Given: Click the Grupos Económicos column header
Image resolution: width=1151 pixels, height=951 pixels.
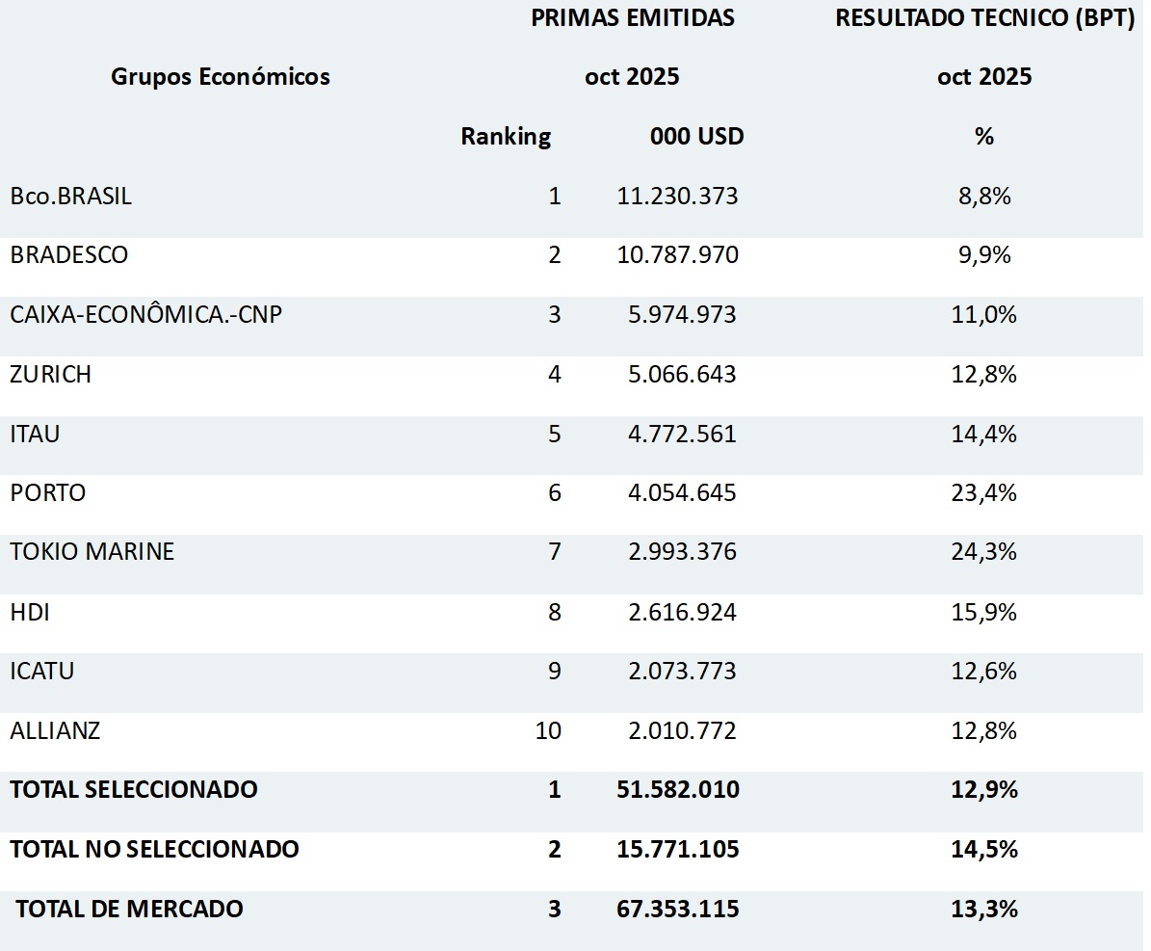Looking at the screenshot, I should click(x=221, y=77).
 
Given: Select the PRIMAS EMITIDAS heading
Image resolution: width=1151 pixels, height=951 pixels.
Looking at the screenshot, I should click(x=632, y=18).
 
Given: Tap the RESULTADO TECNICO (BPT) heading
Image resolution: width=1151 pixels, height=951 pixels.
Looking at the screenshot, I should click(x=984, y=18).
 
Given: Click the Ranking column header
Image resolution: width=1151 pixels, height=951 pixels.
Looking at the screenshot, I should click(x=506, y=137).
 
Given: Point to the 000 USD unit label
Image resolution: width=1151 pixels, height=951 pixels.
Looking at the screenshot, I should click(x=696, y=137).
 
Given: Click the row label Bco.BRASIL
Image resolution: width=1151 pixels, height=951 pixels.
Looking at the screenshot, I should click(x=71, y=197).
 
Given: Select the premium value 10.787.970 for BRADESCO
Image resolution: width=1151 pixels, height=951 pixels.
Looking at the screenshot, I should click(x=678, y=255).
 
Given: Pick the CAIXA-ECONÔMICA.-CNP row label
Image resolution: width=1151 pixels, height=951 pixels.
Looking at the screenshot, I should click(x=146, y=315).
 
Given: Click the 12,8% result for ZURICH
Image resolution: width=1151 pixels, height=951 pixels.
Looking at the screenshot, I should click(x=983, y=375).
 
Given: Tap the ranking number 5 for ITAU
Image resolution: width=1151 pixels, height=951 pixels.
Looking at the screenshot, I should click(x=554, y=434).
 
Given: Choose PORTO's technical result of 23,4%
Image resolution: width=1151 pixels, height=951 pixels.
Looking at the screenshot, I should click(x=983, y=493).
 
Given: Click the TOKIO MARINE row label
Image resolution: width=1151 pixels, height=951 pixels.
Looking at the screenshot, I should click(x=92, y=552).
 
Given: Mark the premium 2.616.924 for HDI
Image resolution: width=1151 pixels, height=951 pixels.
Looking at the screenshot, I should click(x=682, y=612).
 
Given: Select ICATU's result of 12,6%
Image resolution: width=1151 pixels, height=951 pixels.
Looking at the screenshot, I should click(x=983, y=672).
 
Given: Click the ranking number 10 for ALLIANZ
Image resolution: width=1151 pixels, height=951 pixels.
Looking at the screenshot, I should click(x=548, y=730).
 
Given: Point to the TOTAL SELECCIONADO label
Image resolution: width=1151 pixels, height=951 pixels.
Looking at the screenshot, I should click(x=134, y=790).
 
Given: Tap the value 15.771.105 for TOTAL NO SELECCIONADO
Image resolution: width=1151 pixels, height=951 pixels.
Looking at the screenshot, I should click(x=678, y=850).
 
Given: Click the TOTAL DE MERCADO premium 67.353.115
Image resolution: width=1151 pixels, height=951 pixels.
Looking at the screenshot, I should click(x=678, y=909).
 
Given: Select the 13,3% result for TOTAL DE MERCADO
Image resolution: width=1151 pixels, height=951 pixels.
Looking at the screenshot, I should click(x=983, y=909).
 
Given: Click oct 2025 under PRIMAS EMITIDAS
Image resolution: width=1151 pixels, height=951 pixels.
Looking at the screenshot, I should click(x=632, y=77).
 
